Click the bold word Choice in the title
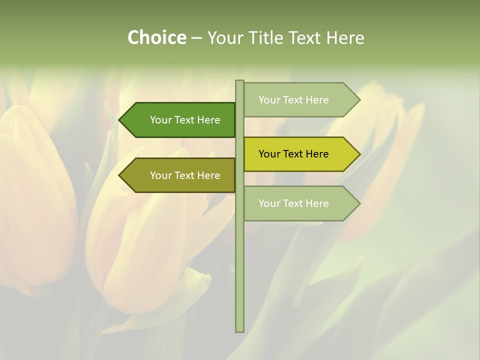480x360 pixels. pyautogui.click(x=156, y=37)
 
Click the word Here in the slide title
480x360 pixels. pyautogui.click(x=345, y=37)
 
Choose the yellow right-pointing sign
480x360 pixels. pyautogui.click(x=300, y=154)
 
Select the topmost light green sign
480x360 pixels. pyautogui.click(x=300, y=100)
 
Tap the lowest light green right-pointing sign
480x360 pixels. pyautogui.click(x=300, y=203)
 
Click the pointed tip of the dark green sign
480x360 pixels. pyautogui.click(x=120, y=120)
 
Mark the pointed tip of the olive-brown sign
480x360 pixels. pyautogui.click(x=120, y=175)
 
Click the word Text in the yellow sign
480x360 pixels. pyautogui.click(x=293, y=154)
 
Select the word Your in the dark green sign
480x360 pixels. pyautogui.click(x=160, y=120)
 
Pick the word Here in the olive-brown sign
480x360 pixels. pyautogui.click(x=209, y=175)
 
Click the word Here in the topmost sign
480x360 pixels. pyautogui.click(x=317, y=100)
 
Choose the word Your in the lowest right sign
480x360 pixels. pyautogui.click(x=269, y=203)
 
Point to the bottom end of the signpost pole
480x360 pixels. pyautogui.click(x=239, y=330)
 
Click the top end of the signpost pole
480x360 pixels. pyautogui.click(x=239, y=82)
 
